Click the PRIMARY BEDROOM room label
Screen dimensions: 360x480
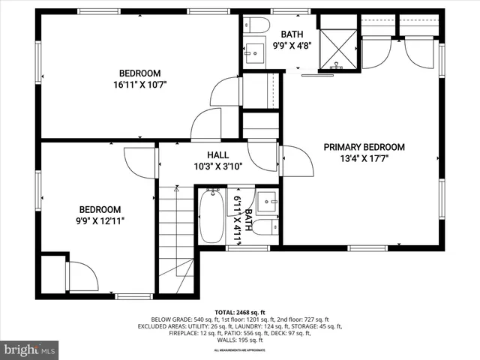point(364,147)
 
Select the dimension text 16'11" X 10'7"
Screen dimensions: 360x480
point(140,85)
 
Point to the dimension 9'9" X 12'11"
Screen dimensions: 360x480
point(100,220)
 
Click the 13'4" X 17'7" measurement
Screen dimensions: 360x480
point(364,158)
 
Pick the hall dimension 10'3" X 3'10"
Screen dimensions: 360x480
point(217,166)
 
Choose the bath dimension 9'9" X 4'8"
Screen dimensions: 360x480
point(292,45)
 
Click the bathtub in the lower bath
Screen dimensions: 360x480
point(211,216)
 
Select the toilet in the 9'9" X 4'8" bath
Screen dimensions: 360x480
point(258,25)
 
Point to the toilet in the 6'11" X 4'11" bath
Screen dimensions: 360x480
point(262,227)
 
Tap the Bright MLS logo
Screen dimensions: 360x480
point(30,349)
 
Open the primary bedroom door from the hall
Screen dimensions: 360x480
point(296,161)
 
